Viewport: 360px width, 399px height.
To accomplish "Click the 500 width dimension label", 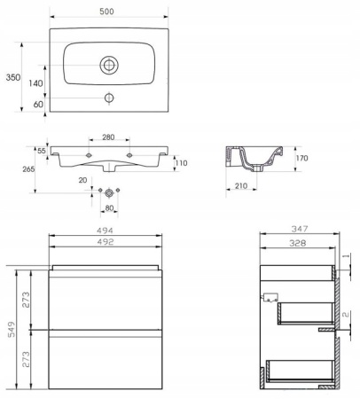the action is [x=106, y=12].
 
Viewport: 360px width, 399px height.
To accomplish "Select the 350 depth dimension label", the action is [x=13, y=77].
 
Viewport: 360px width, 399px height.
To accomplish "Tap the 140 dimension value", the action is [x=35, y=83].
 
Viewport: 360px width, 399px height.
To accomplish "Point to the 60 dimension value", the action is [x=38, y=104].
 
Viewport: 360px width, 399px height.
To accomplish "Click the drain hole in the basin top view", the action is [x=109, y=65].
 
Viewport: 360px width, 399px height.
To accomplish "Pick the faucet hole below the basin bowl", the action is [x=109, y=98].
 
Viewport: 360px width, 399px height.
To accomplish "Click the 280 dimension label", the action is [x=108, y=137].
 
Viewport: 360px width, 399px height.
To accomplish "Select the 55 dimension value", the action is [x=42, y=151].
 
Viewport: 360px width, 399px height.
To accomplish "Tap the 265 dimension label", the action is [x=28, y=169].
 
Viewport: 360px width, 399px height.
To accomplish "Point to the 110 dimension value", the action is [x=182, y=163].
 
